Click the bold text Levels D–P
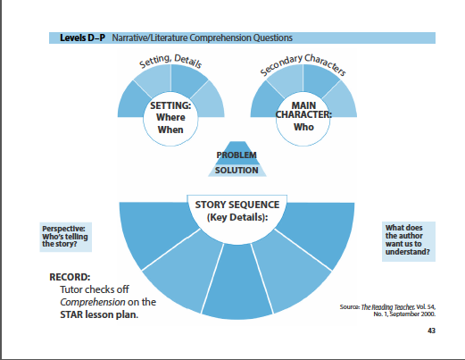tap(82, 38)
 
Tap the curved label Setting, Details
tap(170, 61)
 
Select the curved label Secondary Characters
tap(303, 63)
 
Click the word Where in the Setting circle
tap(170, 117)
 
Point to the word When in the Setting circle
tap(170, 130)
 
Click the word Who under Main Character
tap(303, 127)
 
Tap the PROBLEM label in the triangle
tap(237, 155)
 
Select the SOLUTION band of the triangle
tap(237, 171)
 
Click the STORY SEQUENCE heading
tap(237, 205)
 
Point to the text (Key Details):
tap(237, 217)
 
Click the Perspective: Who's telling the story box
tap(66, 237)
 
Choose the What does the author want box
tap(409, 241)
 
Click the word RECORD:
tap(70, 277)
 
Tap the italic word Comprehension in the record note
tap(93, 302)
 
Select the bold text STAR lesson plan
tap(99, 314)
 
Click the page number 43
tap(431, 331)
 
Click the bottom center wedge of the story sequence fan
tap(237, 283)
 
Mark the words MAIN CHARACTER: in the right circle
tap(303, 110)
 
